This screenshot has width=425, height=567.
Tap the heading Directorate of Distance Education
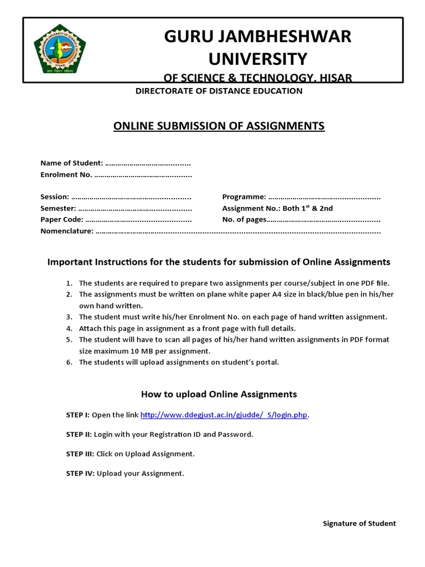[x=219, y=91]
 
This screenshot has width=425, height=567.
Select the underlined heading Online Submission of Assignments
[x=219, y=126]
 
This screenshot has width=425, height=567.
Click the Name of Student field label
[x=71, y=163]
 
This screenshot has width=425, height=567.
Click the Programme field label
[x=244, y=197]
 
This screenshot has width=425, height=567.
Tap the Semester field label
[x=58, y=208]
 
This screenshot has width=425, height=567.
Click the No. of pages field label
[x=244, y=220]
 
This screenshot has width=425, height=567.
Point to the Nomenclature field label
[x=67, y=231]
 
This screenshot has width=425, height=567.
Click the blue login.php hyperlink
[x=224, y=415]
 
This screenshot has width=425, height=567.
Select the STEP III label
[x=80, y=454]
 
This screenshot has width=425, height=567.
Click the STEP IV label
[x=80, y=473]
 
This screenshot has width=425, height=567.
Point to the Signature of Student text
[x=359, y=523]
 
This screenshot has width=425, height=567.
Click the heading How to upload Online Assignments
[x=219, y=394]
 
